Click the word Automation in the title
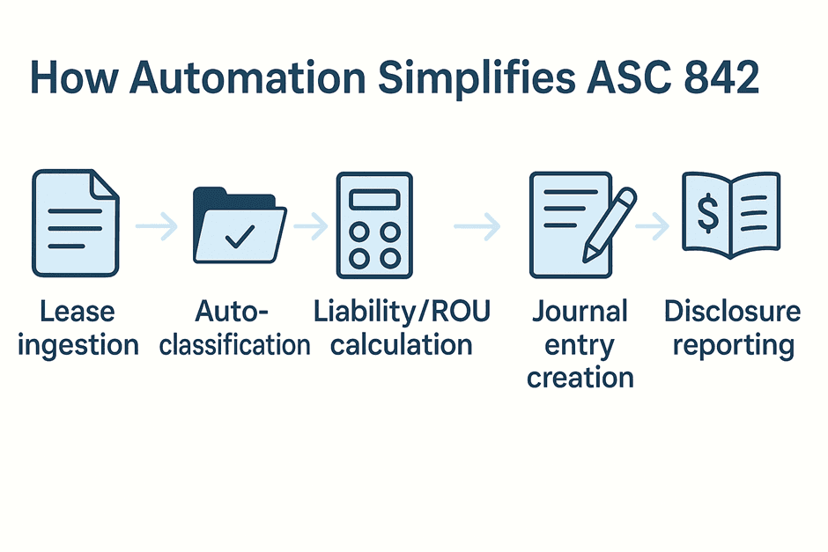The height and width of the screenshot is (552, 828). point(248,77)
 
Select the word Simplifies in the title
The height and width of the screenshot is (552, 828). point(477,79)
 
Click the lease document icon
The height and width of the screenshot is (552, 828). point(76,223)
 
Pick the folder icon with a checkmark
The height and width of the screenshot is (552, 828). point(240,224)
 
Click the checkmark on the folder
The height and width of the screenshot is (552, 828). point(240,236)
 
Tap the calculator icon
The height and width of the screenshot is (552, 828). point(374,224)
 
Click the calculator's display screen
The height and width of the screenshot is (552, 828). point(374,200)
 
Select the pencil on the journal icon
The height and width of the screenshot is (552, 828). point(610,224)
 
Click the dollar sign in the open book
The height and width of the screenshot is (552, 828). point(707,213)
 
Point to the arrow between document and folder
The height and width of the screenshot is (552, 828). point(156,226)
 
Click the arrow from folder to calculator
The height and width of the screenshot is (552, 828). point(311,226)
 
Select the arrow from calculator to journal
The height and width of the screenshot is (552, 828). point(477,226)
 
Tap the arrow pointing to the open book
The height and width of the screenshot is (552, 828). point(652,226)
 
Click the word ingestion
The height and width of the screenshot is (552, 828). point(78,347)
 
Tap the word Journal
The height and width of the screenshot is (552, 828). point(580,311)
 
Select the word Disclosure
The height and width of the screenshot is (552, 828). point(732,311)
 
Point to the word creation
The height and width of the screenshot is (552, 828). point(580,378)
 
